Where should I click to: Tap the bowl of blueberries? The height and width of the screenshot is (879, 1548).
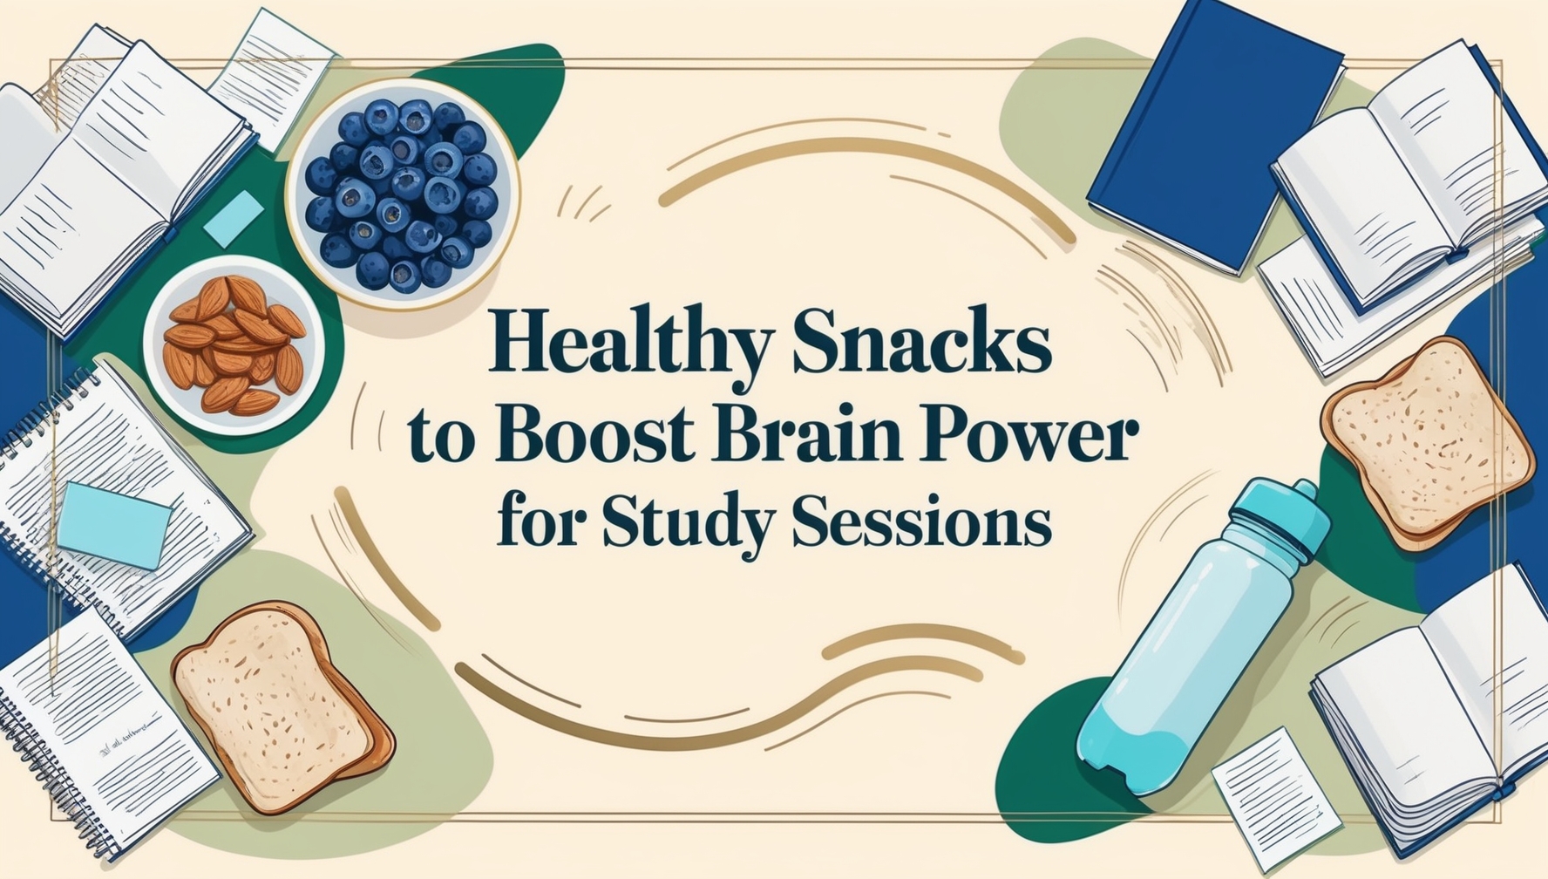pos(402,194)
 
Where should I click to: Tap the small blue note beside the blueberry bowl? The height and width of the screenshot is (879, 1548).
pos(234,218)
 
